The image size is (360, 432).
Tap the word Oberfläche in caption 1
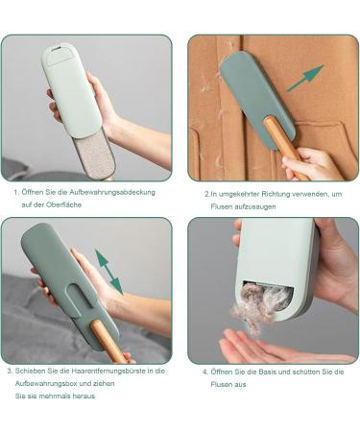point(63,204)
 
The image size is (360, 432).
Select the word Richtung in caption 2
point(275,194)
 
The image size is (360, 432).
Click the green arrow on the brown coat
point(305,78)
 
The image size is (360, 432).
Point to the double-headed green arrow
point(108,272)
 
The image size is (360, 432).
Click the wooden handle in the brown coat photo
point(284,146)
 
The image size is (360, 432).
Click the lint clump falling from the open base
point(261,305)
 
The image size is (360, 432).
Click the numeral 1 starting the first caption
point(15,192)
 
